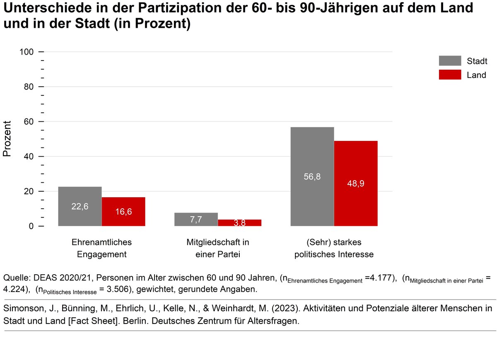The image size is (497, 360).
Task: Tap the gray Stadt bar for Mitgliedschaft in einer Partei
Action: [196, 219]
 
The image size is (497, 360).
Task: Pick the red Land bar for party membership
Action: [239, 222]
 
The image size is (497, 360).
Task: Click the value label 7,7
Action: [196, 220]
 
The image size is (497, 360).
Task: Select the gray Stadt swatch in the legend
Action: [450, 61]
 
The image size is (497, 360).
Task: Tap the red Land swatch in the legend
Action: [450, 75]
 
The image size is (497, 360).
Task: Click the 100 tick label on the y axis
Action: [26, 52]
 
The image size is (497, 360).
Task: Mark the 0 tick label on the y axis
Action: [31, 227]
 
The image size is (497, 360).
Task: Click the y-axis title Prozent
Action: [7, 139]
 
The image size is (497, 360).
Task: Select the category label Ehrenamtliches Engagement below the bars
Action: [101, 248]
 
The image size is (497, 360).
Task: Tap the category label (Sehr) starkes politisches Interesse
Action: [334, 248]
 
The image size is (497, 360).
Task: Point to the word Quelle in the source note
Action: [15, 277]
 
